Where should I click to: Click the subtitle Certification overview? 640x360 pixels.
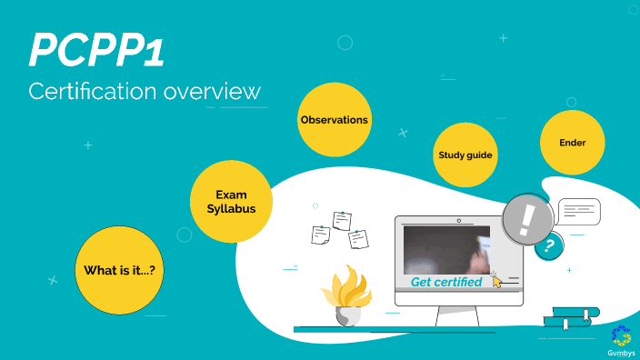[145, 91]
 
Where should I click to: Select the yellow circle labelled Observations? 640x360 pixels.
[335, 120]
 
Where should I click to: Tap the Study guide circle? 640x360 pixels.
[465, 155]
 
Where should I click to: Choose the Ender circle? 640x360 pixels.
[573, 143]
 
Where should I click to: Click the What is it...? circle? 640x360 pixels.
[125, 270]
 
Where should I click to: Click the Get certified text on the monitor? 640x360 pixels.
[446, 282]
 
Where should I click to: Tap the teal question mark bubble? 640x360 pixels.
[548, 245]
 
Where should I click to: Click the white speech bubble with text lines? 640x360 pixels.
[580, 211]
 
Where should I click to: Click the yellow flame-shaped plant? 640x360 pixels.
[346, 288]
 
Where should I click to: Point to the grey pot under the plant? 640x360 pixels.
[347, 316]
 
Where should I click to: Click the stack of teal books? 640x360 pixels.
[571, 317]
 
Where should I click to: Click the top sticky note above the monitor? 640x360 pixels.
[343, 220]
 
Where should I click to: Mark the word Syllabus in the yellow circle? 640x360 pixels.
[231, 209]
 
